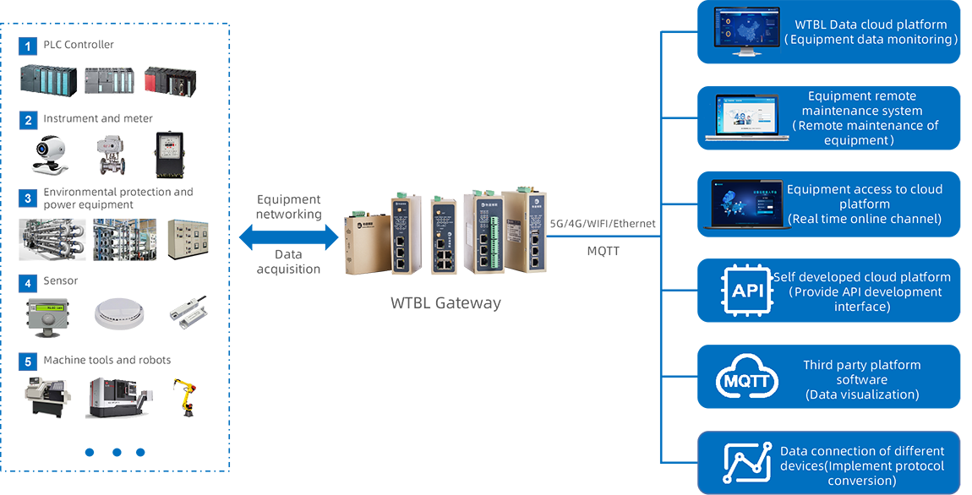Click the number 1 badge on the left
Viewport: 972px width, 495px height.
point(28,46)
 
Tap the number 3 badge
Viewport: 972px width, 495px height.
point(28,199)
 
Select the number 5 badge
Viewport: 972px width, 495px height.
point(28,362)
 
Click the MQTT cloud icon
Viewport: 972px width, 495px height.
point(745,380)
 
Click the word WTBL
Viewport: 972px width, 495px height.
point(812,24)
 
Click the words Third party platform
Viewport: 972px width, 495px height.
point(861,365)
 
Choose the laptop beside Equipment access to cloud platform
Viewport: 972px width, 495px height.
point(744,204)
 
